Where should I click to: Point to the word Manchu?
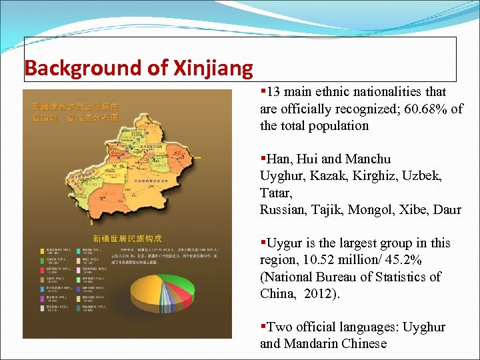(x=369, y=159)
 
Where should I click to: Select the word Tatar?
(x=276, y=193)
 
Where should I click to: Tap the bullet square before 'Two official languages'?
(x=263, y=327)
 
